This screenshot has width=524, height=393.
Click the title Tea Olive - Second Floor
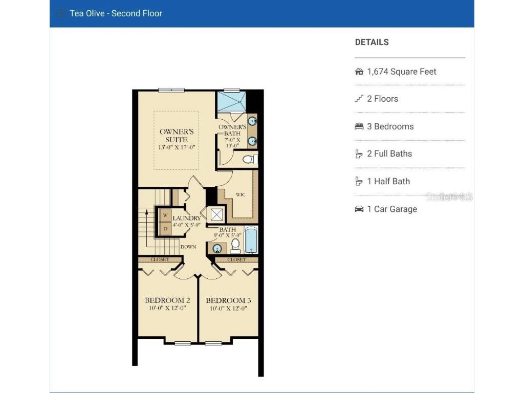tap(116, 13)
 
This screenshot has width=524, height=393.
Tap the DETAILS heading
tap(372, 42)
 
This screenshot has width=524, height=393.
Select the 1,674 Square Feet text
tap(402, 72)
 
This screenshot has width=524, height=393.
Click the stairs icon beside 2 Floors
tap(359, 99)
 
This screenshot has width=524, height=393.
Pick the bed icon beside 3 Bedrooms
tap(359, 126)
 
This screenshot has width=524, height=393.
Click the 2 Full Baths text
tap(389, 154)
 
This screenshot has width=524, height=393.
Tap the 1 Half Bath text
tap(388, 181)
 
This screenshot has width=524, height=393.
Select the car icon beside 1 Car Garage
tap(359, 209)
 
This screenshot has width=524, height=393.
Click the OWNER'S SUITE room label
tap(177, 136)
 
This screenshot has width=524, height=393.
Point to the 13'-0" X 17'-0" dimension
tap(177, 147)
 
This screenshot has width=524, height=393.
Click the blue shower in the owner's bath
tap(231, 101)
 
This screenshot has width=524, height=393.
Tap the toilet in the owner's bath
tap(249, 160)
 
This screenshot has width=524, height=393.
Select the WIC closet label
tap(241, 194)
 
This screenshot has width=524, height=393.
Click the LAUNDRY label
tap(187, 219)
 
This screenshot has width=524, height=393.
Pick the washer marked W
tap(165, 215)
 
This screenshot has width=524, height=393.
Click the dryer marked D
tap(165, 228)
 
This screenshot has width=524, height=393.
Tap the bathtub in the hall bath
tap(250, 240)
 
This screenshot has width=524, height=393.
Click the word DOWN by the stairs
tap(188, 247)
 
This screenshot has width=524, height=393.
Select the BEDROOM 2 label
tap(167, 300)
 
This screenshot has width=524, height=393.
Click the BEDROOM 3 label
tap(229, 300)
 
